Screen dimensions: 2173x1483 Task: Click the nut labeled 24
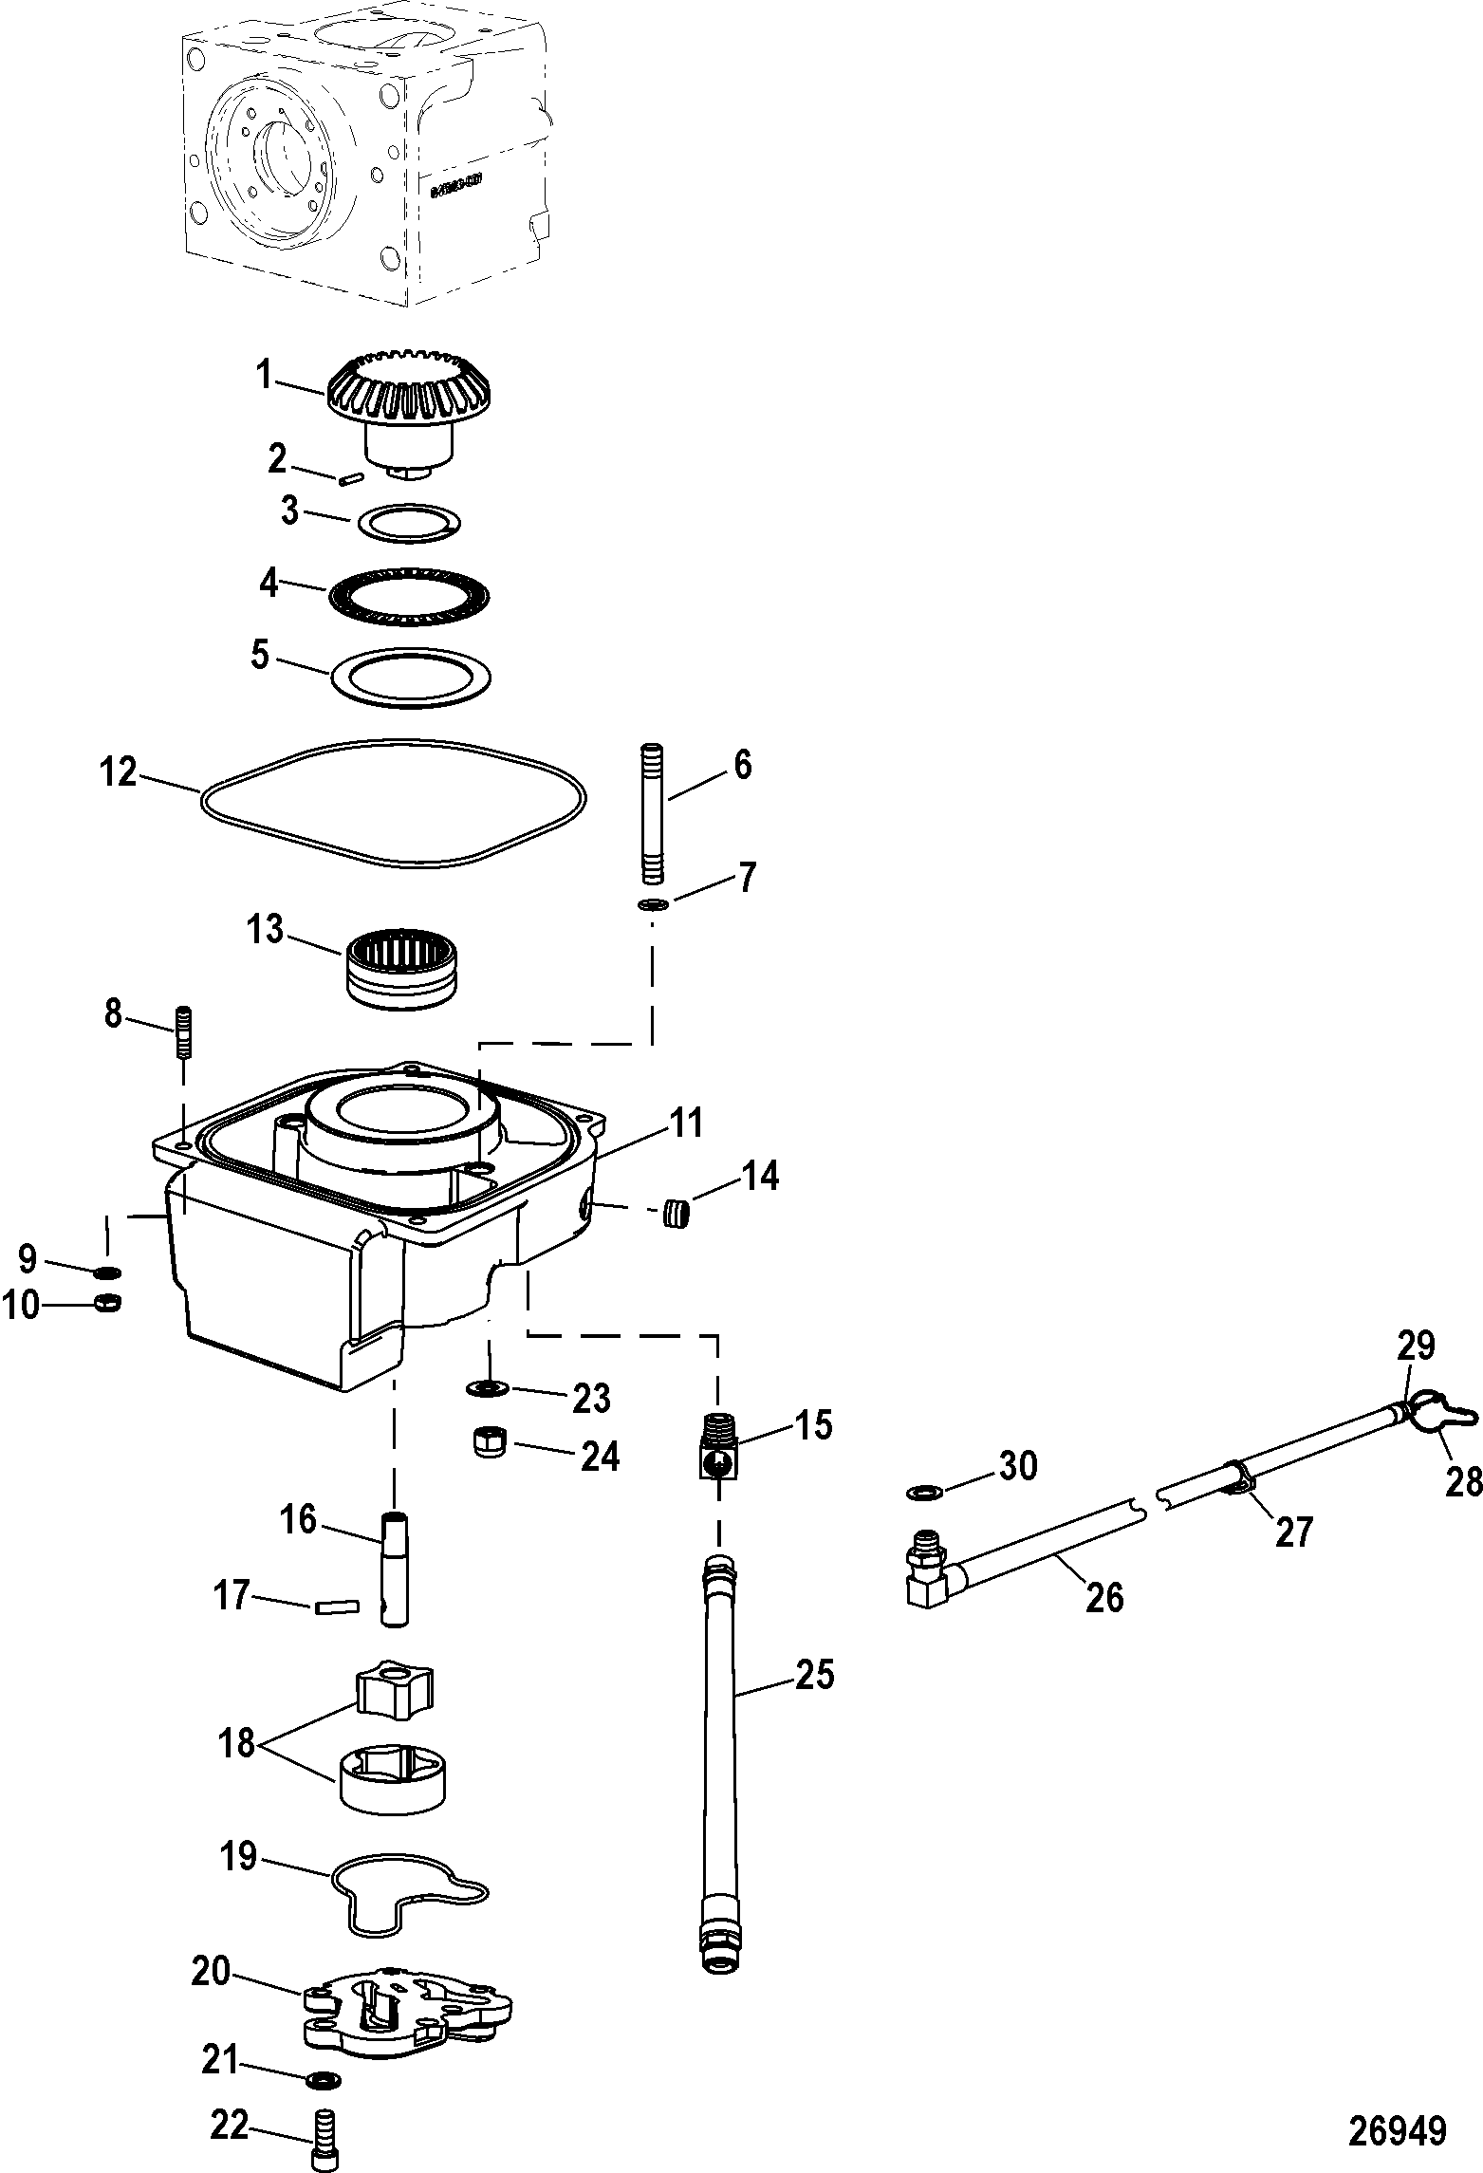pyautogui.click(x=490, y=1444)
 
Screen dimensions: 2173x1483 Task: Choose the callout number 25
pyautogui.click(x=815, y=1675)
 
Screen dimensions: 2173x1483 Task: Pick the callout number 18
pyautogui.click(x=236, y=1742)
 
